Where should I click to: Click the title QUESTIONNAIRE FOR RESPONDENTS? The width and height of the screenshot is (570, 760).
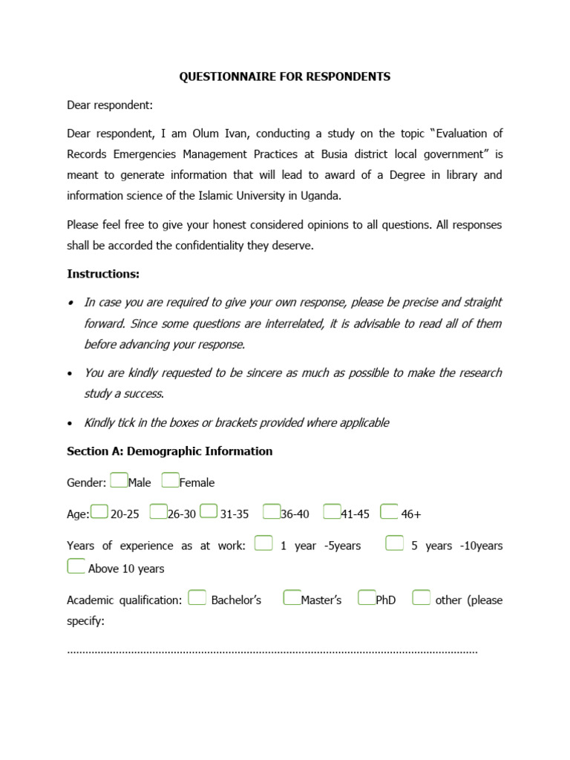click(x=284, y=76)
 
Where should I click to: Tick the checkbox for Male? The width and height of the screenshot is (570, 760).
click(x=119, y=481)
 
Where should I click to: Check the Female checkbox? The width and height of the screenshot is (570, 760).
click(x=170, y=481)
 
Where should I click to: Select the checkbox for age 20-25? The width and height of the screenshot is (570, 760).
click(x=99, y=512)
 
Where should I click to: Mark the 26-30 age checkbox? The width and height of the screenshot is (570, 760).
click(x=158, y=512)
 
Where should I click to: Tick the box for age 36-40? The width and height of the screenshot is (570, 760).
click(x=272, y=512)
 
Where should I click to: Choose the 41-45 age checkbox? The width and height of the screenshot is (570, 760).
click(x=332, y=512)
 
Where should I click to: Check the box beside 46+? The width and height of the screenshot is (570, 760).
click(x=389, y=512)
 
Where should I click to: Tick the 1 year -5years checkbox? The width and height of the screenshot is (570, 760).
click(x=263, y=544)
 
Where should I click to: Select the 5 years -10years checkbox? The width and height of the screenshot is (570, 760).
click(x=395, y=544)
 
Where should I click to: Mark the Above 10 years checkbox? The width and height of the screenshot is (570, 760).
click(x=76, y=567)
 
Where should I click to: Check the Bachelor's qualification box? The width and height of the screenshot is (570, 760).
click(x=197, y=598)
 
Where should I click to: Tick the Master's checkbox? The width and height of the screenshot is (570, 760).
click(x=292, y=598)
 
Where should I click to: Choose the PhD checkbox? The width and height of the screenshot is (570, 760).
click(x=367, y=598)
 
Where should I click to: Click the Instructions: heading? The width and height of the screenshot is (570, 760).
click(x=103, y=274)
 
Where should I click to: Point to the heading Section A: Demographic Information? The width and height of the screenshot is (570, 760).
click(x=170, y=451)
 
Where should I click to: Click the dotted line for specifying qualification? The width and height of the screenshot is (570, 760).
click(x=272, y=652)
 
